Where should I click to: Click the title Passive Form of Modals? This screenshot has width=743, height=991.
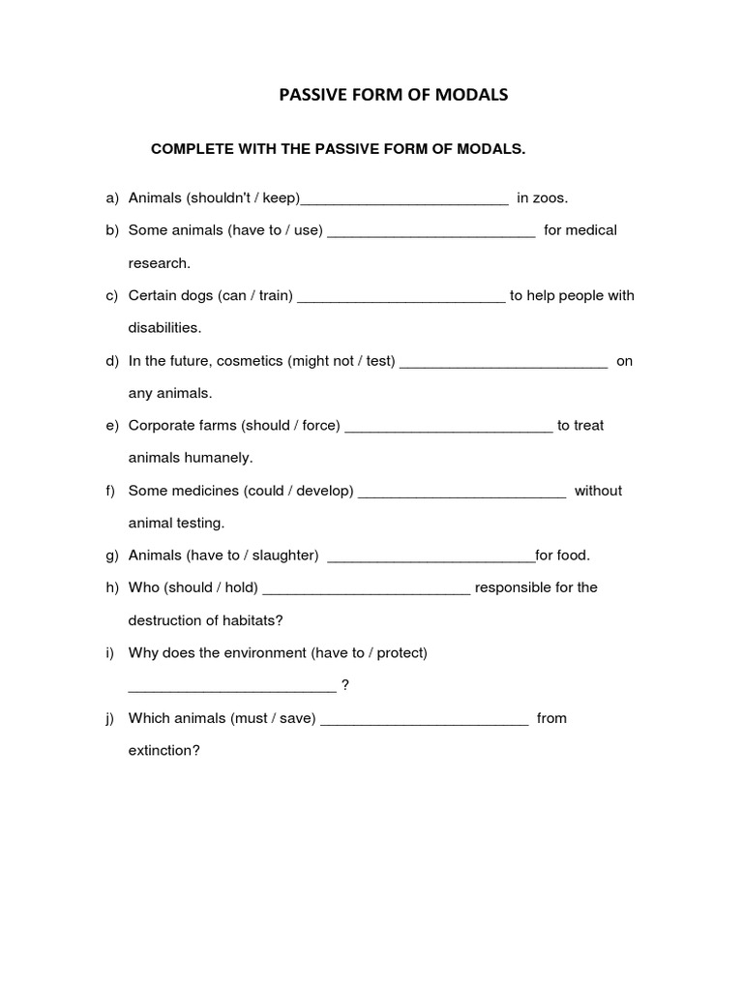tap(393, 95)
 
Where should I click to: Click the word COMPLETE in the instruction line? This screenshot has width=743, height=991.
tap(189, 149)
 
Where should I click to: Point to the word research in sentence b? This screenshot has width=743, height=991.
tap(160, 263)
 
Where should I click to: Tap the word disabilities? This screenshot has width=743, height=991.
tap(164, 328)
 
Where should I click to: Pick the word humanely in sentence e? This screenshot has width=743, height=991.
tap(223, 458)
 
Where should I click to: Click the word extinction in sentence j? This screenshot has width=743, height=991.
tap(164, 751)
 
